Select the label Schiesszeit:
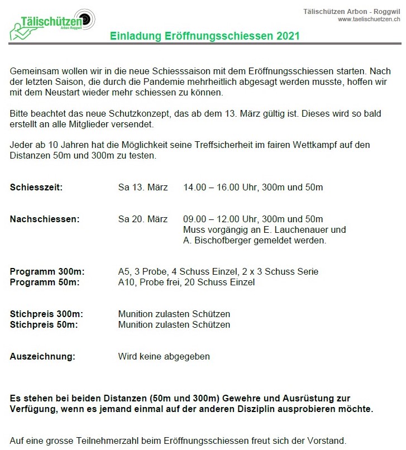coord(36,187)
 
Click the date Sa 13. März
coord(143,187)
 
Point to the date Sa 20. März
coord(143,219)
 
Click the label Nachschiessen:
coord(45,219)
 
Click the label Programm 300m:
coord(47,272)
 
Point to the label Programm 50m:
coord(45,283)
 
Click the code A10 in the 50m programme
coord(126,283)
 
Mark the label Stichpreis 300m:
coord(47,314)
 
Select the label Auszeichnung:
coord(42,356)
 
